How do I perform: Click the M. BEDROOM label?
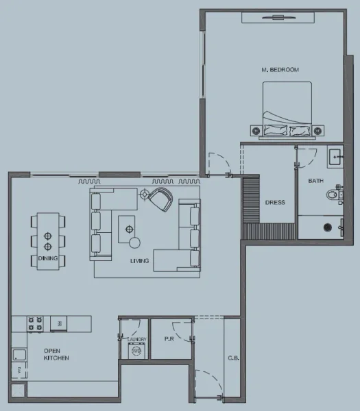[280, 69]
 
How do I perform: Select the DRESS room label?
[275, 203]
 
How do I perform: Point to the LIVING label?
[140, 261]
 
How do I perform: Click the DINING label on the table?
[48, 258]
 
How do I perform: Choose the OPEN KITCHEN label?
[56, 354]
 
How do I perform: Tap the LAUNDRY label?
[136, 339]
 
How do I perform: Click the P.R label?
[169, 339]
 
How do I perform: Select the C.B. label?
[232, 358]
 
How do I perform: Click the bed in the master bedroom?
[287, 110]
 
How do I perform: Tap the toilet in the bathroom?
[335, 195]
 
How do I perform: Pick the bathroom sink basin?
[335, 156]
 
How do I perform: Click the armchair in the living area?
[161, 199]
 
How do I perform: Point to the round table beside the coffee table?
[135, 242]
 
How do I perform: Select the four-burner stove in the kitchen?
[36, 323]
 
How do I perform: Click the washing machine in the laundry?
[136, 351]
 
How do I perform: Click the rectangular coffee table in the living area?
[127, 227]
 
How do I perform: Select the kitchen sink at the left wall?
[19, 355]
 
